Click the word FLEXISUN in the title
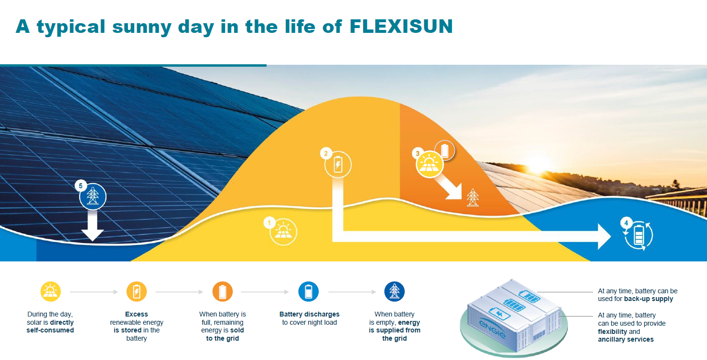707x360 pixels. (401, 26)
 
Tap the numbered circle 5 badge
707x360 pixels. (81, 186)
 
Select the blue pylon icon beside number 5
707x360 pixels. (93, 196)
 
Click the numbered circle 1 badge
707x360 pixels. (269, 223)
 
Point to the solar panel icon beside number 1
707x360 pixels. (283, 232)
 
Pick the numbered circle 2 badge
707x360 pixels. (326, 154)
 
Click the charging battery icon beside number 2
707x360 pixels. (338, 164)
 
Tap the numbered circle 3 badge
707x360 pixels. (417, 154)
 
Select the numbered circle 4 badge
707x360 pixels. (626, 223)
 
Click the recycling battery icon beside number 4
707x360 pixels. (639, 236)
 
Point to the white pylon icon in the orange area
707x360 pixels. (472, 198)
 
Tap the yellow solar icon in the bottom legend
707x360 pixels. (51, 291)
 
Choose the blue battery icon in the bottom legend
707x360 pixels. (309, 291)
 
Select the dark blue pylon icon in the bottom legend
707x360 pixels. (395, 291)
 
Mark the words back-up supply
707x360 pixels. (649, 299)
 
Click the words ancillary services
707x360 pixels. (625, 340)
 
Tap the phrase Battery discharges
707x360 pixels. (309, 314)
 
